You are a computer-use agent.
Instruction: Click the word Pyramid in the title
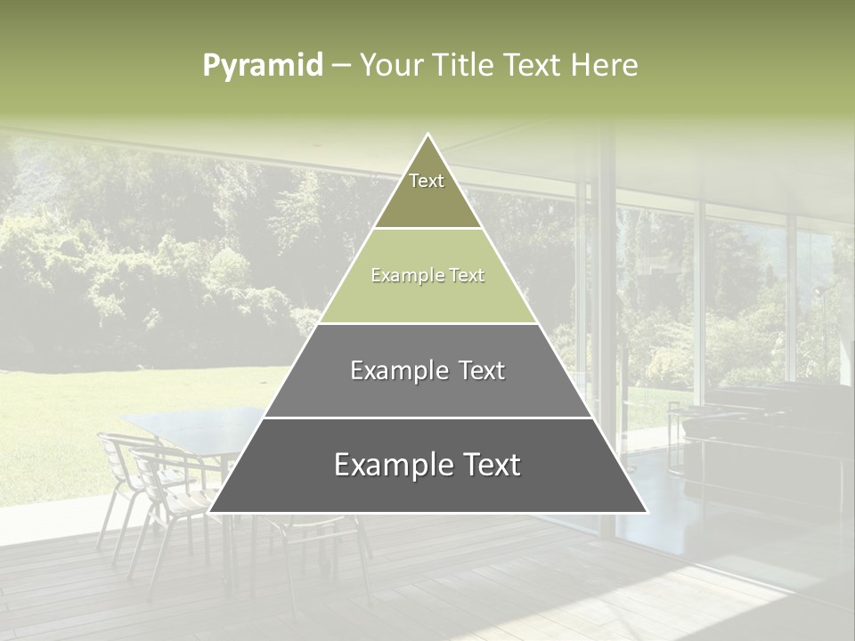(x=263, y=65)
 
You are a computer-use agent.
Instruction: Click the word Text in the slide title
(x=533, y=65)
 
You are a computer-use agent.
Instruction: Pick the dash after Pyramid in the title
(x=341, y=66)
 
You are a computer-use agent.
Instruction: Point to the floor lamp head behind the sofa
(x=818, y=291)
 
